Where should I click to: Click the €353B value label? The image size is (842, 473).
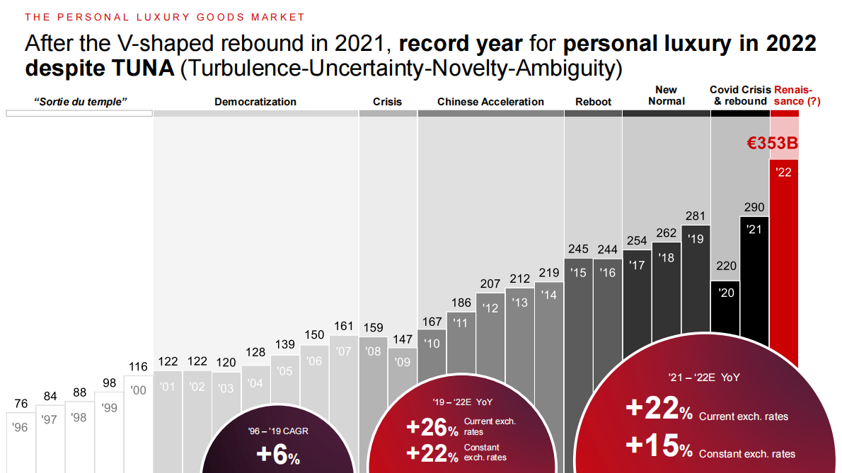(773, 144)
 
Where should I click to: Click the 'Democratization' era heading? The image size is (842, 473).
(255, 102)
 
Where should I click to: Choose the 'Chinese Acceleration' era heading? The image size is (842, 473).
(490, 102)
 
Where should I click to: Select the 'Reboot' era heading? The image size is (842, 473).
(593, 102)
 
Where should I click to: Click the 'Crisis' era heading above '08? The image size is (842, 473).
(387, 102)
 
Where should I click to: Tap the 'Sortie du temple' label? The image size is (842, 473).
(80, 102)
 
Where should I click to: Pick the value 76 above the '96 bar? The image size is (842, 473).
(21, 404)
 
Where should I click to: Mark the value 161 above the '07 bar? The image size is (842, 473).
(343, 327)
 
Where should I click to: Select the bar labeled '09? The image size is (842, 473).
(402, 382)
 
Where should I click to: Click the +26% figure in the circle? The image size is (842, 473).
(432, 428)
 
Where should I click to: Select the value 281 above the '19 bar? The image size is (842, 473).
(695, 216)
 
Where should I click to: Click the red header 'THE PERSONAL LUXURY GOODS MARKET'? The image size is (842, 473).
(165, 17)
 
